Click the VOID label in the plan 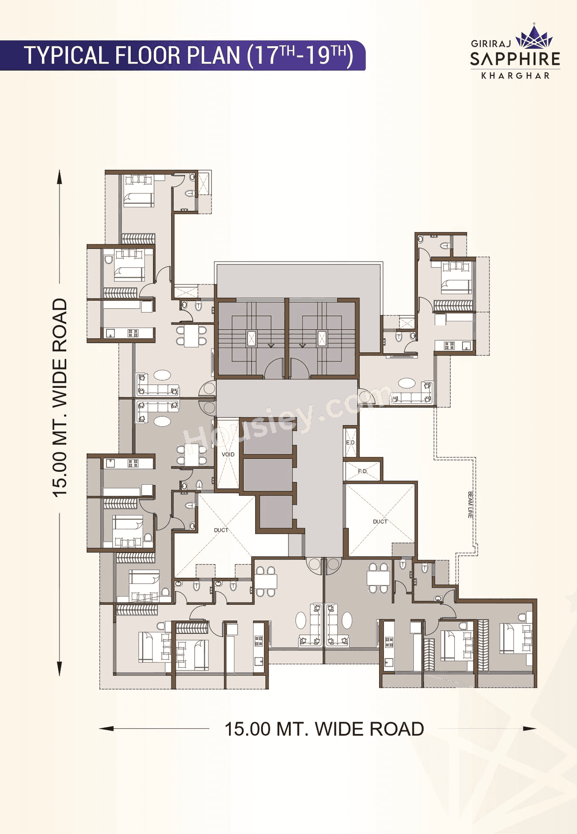[228, 454]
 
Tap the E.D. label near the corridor [351, 442]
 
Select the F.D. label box [362, 471]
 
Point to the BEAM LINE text [470, 504]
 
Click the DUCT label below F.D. [380, 521]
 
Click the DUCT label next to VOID [221, 530]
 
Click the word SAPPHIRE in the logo [515, 59]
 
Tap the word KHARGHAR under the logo [515, 76]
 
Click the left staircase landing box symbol [251, 338]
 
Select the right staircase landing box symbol [322, 338]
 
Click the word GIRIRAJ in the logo [491, 44]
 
